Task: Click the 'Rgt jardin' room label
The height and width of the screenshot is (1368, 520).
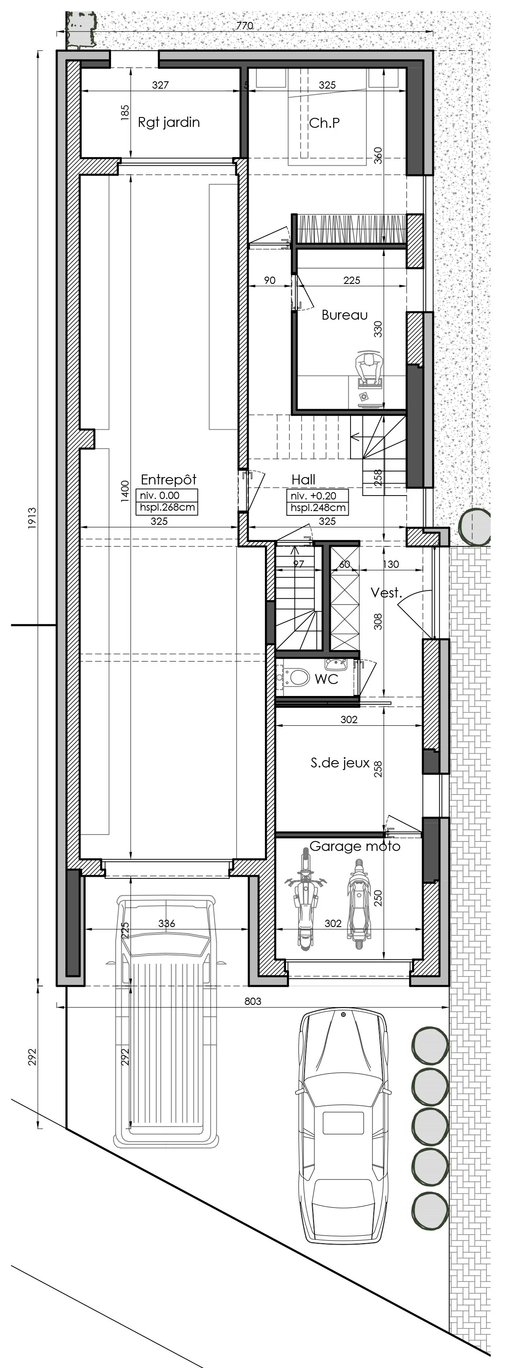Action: tap(169, 122)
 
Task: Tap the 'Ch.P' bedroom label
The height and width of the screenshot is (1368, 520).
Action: tap(325, 123)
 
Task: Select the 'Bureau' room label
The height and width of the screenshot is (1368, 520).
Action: tap(345, 315)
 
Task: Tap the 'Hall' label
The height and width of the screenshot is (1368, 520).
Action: tap(303, 480)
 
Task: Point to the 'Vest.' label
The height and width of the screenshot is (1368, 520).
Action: tap(386, 593)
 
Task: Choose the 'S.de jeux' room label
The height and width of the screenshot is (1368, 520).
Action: tap(340, 763)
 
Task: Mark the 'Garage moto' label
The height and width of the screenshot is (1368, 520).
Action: tap(355, 846)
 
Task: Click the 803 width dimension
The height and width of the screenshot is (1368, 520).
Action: tap(253, 1001)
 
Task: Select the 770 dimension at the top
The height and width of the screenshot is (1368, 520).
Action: tap(245, 25)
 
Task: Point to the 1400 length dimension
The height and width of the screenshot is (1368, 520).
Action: tap(125, 491)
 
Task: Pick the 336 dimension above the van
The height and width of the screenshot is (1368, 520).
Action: tap(166, 924)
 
